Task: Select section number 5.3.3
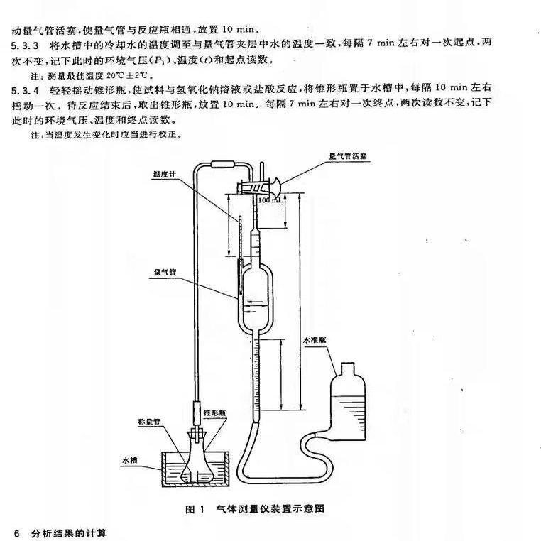coord(24,44)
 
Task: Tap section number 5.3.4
coord(24,91)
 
